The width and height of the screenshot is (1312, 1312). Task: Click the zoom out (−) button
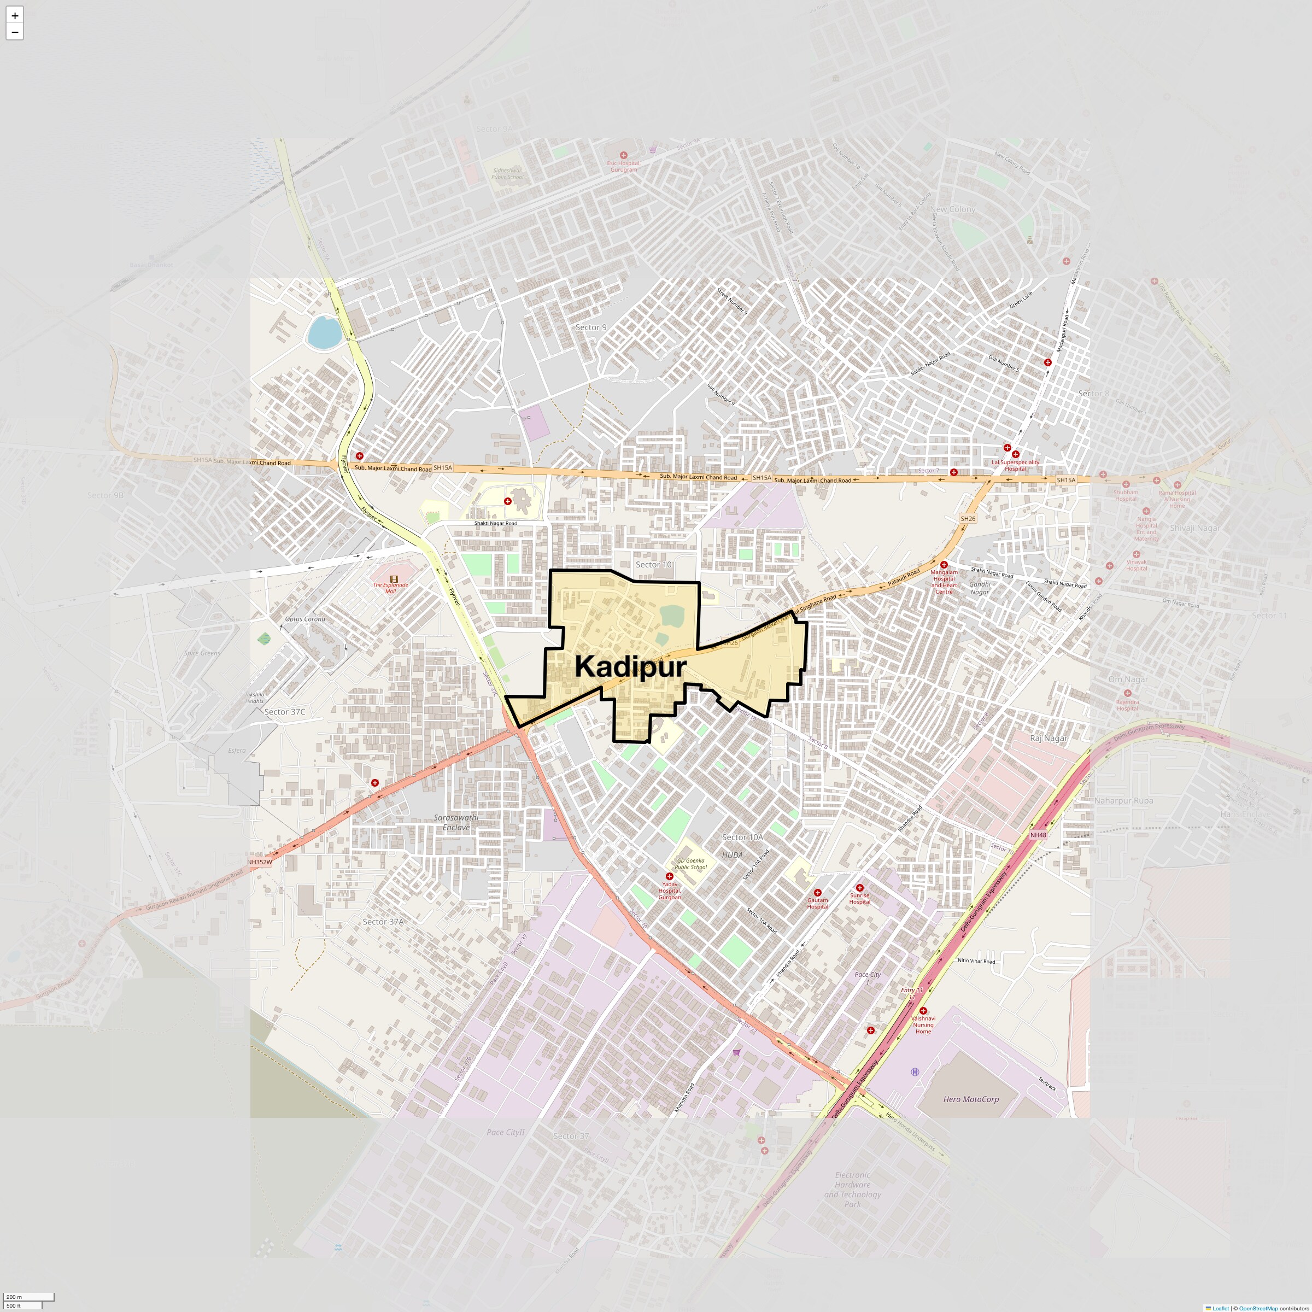click(x=14, y=32)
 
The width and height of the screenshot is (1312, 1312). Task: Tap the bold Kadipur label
click(x=630, y=667)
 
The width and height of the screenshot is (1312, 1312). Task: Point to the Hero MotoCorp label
click(x=970, y=1099)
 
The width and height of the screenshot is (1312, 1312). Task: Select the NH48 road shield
click(x=1038, y=835)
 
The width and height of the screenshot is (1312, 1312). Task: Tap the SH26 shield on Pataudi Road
click(x=968, y=519)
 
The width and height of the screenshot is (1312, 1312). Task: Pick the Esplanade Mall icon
click(x=394, y=578)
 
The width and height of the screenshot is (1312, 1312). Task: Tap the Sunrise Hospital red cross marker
click(x=859, y=888)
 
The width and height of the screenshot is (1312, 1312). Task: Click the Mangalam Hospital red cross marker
click(x=944, y=564)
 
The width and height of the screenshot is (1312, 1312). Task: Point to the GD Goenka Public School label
click(x=690, y=864)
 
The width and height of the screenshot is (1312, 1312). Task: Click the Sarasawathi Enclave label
click(x=456, y=822)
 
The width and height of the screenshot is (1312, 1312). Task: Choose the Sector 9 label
click(x=591, y=327)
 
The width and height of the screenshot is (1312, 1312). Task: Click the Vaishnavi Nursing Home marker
click(x=923, y=1010)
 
